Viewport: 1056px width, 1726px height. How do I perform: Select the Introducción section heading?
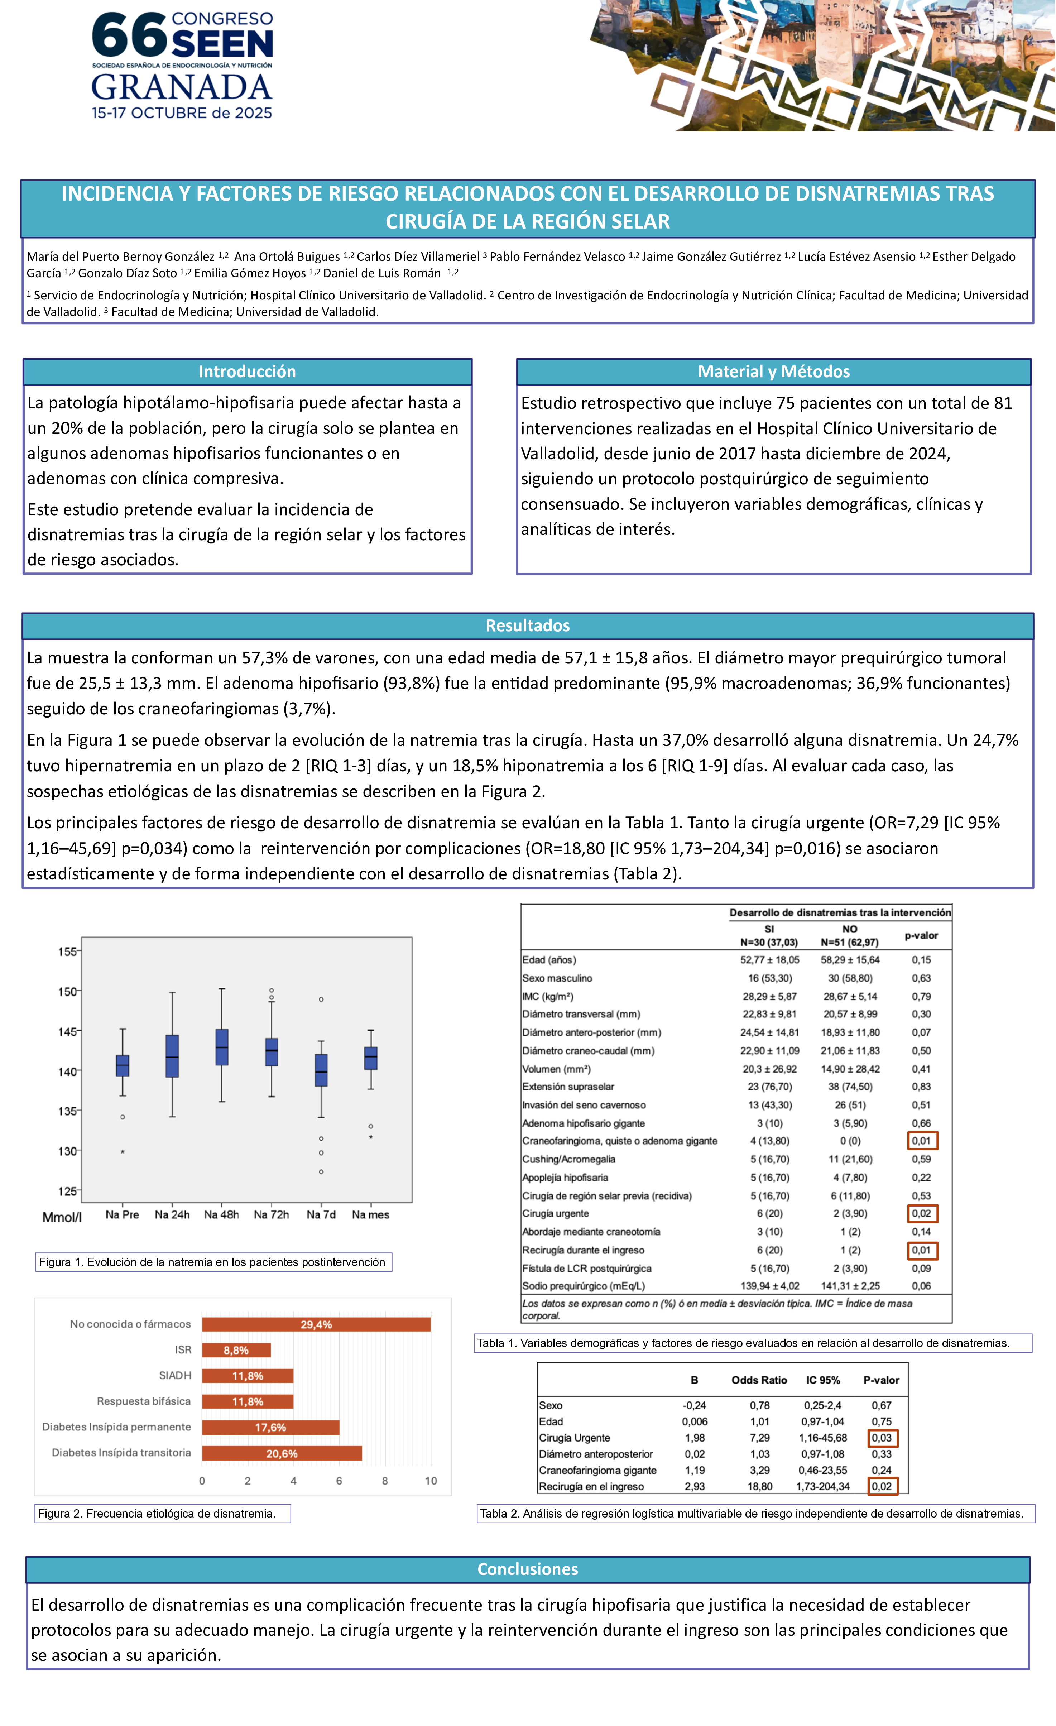247,372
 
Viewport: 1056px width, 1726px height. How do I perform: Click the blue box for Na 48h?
222,1047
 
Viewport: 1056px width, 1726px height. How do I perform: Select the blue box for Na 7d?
321,1070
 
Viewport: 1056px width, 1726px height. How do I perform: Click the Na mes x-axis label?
370,1215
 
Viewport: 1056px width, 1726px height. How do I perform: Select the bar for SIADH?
248,1376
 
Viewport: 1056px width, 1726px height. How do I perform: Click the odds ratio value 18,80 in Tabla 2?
760,1486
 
